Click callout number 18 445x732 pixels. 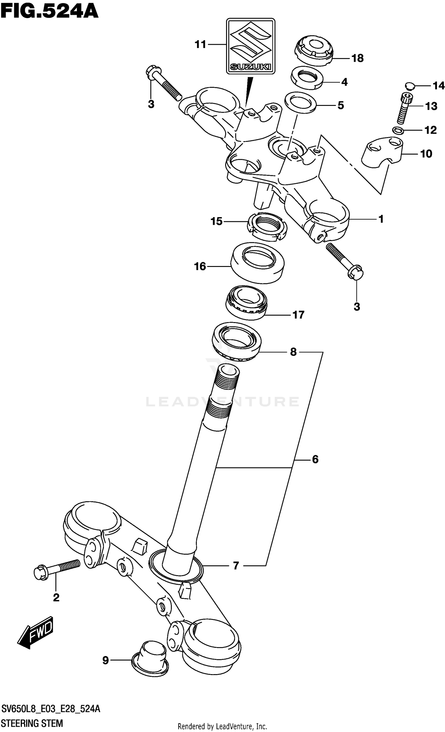[357, 58]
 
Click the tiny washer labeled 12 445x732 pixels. [398, 130]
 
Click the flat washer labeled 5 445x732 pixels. [300, 103]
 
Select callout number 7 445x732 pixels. [236, 566]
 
